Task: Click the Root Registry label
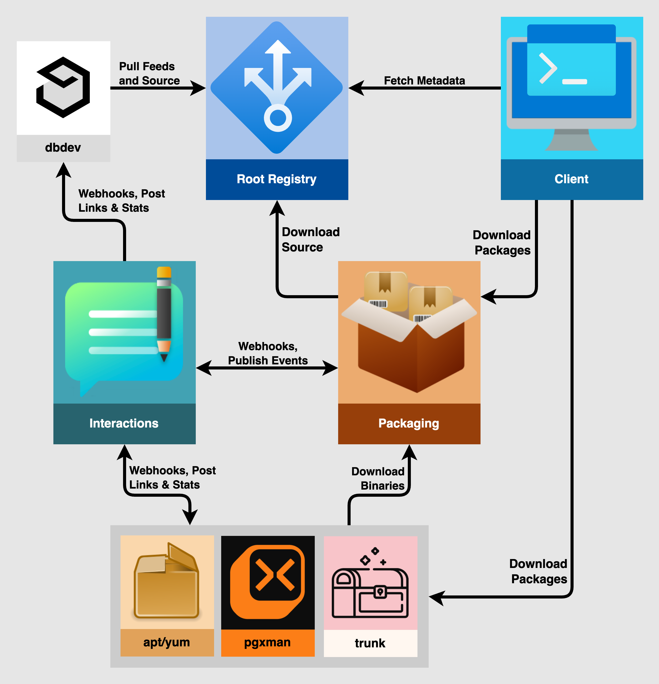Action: [277, 179]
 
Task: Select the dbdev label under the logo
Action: [63, 148]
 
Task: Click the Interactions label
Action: [124, 423]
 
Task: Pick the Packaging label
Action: [409, 423]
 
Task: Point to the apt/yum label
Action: [167, 642]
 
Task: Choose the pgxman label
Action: [267, 642]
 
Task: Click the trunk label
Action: [370, 643]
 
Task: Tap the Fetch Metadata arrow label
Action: [424, 81]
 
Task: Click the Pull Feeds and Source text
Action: [149, 73]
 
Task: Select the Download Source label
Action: [310, 239]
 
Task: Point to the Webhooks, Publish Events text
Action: [268, 353]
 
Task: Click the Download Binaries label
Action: [378, 478]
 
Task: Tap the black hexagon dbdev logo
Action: [63, 87]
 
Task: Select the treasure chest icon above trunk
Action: [370, 586]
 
